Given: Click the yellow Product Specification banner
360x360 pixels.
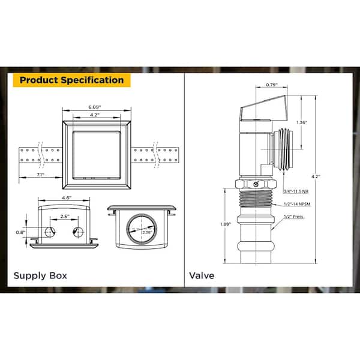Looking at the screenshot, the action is [x=71, y=80].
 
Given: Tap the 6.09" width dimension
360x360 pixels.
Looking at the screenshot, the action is [x=95, y=107].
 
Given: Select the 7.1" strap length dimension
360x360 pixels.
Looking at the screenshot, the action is [x=40, y=175].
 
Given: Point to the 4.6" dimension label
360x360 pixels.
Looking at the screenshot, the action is [x=67, y=197].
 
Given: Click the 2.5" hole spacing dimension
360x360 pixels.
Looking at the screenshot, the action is [x=65, y=216].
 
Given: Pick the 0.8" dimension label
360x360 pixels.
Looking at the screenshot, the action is [x=20, y=232].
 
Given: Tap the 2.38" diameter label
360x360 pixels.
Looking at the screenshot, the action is [x=147, y=232].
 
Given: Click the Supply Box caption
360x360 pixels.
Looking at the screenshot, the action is [x=40, y=275].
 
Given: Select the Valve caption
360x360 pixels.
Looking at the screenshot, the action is [x=202, y=275].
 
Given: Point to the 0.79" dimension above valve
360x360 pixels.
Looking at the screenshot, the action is [x=272, y=85].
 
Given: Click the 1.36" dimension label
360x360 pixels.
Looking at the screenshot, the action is [x=302, y=122].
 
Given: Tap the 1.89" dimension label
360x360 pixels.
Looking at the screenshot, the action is [x=226, y=224].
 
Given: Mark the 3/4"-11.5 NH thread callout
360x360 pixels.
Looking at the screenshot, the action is [x=296, y=191].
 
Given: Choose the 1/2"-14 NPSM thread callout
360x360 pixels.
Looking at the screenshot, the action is [x=297, y=204].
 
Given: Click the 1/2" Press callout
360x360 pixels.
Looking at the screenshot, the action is [x=293, y=217].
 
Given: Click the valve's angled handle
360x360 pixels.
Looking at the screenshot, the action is [x=264, y=108].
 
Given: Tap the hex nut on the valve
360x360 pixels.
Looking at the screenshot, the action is [x=256, y=184].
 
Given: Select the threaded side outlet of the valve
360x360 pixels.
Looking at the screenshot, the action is [x=284, y=149].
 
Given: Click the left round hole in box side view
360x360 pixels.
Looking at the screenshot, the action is [x=50, y=232].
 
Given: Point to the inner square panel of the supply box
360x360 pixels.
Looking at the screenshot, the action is [x=97, y=155].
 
